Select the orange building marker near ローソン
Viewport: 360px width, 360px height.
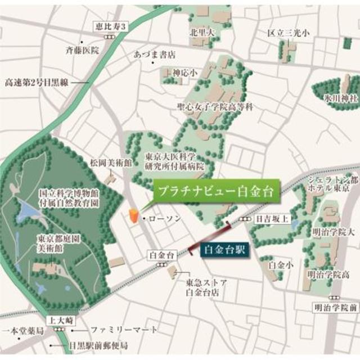pos(133,216)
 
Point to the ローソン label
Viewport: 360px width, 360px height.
pos(164,218)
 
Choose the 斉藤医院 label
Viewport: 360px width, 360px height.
pos(82,50)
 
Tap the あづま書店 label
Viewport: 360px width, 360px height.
pos(155,55)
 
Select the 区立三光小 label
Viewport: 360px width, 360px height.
pos(288,33)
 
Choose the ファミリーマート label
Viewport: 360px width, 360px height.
pos(124,329)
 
